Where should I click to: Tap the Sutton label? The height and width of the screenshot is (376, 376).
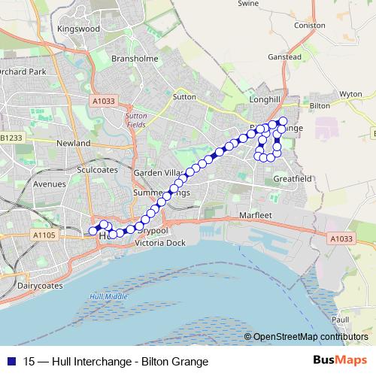(183, 97)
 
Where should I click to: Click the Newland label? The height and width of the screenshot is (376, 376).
(73, 143)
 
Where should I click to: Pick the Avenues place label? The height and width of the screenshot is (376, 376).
(50, 183)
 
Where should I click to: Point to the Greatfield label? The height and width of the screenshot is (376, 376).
(292, 180)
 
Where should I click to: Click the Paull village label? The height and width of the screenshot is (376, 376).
(339, 319)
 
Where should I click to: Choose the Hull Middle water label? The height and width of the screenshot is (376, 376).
(108, 297)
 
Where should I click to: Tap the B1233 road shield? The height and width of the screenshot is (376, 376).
(11, 138)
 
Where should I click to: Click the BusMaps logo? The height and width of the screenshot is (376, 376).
(339, 361)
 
